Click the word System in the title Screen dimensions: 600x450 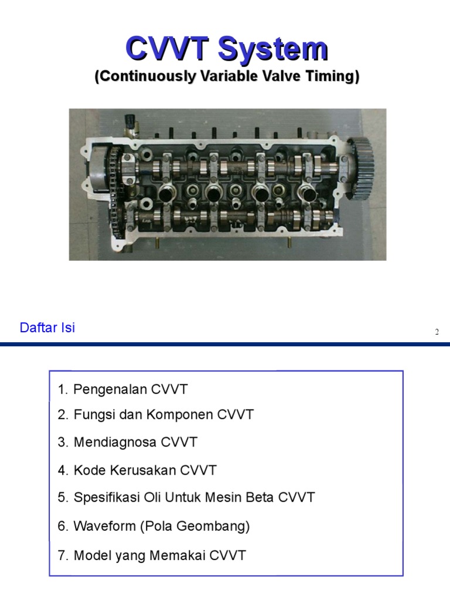[x=272, y=49]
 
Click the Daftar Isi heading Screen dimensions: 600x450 [x=47, y=328]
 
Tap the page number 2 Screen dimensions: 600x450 [x=437, y=332]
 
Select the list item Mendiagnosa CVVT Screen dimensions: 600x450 [x=128, y=442]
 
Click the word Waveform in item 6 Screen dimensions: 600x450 [x=105, y=526]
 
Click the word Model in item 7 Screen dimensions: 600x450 [x=90, y=555]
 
